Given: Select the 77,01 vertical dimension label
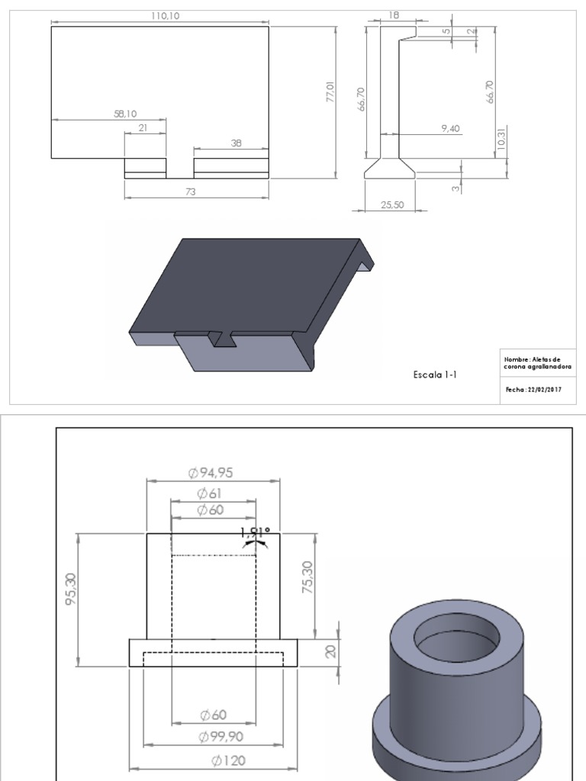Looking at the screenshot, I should [x=330, y=92].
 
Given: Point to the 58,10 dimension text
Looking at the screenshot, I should [x=125, y=114].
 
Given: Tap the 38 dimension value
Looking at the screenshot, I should [x=236, y=143].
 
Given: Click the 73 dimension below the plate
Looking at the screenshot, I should [x=190, y=192].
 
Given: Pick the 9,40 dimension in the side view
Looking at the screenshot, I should [x=450, y=129].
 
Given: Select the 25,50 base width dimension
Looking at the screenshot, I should [x=391, y=204].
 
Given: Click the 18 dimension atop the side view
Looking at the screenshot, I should [x=394, y=14].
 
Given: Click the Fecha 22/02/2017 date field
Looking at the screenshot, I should [x=533, y=389].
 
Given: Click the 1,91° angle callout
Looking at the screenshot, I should [x=255, y=532].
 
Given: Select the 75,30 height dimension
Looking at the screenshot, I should [x=307, y=577].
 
